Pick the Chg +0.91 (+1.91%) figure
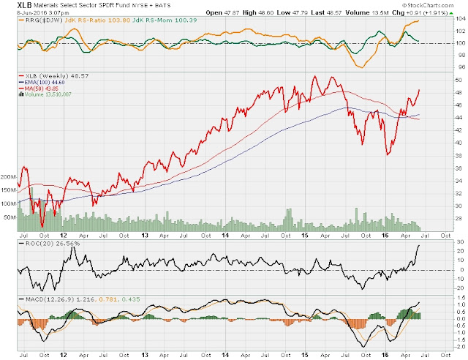(x=433, y=12)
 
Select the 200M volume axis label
(x=9, y=177)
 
